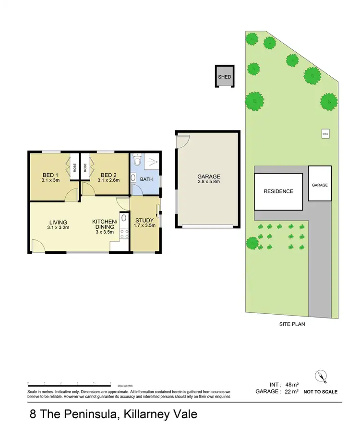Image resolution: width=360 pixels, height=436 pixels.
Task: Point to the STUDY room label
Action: (144, 220)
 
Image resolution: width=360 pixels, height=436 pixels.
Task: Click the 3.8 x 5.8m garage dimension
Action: (208, 182)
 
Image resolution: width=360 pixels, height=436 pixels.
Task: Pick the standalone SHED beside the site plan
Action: (225, 77)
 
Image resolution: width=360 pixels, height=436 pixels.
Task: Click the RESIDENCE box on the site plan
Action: (278, 191)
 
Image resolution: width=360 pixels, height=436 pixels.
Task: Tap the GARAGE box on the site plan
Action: (320, 185)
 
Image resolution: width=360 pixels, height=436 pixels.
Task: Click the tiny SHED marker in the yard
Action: (325, 134)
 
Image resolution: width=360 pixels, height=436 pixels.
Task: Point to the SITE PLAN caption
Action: (292, 324)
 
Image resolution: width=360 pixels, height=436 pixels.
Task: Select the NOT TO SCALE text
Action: (320, 392)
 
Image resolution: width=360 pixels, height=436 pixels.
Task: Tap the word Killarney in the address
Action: (144, 414)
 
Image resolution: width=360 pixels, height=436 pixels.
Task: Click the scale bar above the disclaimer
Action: (70, 383)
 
